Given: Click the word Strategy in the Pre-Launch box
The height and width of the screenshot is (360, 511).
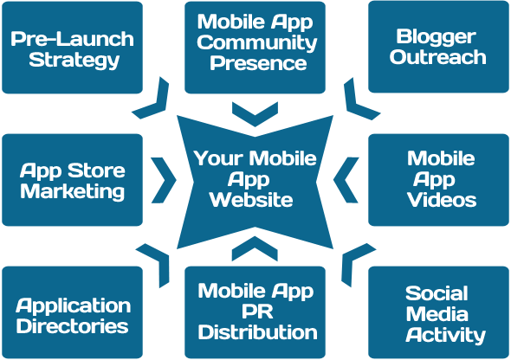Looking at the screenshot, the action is click(74, 61).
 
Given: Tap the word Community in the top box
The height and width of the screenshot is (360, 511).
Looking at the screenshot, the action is click(257, 42).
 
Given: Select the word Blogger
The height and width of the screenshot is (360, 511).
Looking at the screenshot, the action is click(436, 37).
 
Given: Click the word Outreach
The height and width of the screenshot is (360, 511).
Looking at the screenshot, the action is click(437, 57).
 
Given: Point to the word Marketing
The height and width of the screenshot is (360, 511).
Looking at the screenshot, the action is click(73, 191).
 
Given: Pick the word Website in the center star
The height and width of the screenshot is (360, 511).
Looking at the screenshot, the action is click(251, 199).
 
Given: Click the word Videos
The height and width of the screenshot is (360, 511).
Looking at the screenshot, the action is click(442, 199).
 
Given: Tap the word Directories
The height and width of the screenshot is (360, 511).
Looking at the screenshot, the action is click(73, 326).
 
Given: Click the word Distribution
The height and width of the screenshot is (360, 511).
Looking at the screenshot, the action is click(257, 332).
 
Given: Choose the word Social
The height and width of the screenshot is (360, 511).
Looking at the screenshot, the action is click(437, 293).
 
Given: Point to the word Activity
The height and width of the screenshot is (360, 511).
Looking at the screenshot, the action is click(445, 336).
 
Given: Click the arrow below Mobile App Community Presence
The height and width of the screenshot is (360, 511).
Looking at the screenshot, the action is click(255, 119).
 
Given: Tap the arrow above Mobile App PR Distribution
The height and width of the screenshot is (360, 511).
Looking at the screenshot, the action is click(255, 245).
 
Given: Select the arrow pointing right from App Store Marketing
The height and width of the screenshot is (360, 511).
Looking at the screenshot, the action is click(167, 180).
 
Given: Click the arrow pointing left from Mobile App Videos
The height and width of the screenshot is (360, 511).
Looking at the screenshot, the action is click(342, 180).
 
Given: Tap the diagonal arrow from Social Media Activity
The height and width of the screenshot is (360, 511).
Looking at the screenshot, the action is click(349, 259).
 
